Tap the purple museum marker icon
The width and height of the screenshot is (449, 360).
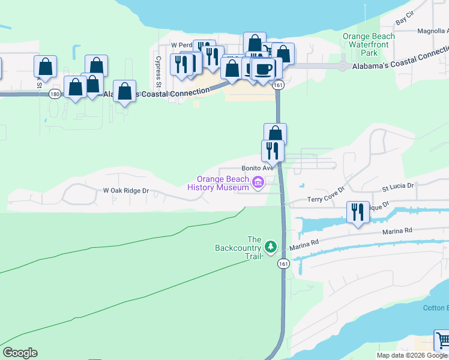tap(259, 182)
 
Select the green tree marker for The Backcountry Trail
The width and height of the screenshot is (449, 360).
tap(271, 246)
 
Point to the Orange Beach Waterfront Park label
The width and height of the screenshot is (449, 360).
tap(369, 44)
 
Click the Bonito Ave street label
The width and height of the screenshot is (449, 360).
tap(258, 169)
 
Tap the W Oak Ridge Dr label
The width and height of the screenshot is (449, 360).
tap(125, 191)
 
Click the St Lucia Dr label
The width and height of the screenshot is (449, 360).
tap(398, 187)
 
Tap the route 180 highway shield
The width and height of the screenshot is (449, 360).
tap(55, 94)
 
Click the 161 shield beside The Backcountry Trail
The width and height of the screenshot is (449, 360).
tap(283, 263)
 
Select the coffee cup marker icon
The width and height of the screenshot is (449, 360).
tap(263, 69)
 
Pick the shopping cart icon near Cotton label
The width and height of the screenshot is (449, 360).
tap(441, 340)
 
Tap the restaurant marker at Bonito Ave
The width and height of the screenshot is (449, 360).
tap(273, 151)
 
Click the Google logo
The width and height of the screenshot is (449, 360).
tap(20, 353)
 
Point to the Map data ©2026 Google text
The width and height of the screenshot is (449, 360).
tap(412, 355)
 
